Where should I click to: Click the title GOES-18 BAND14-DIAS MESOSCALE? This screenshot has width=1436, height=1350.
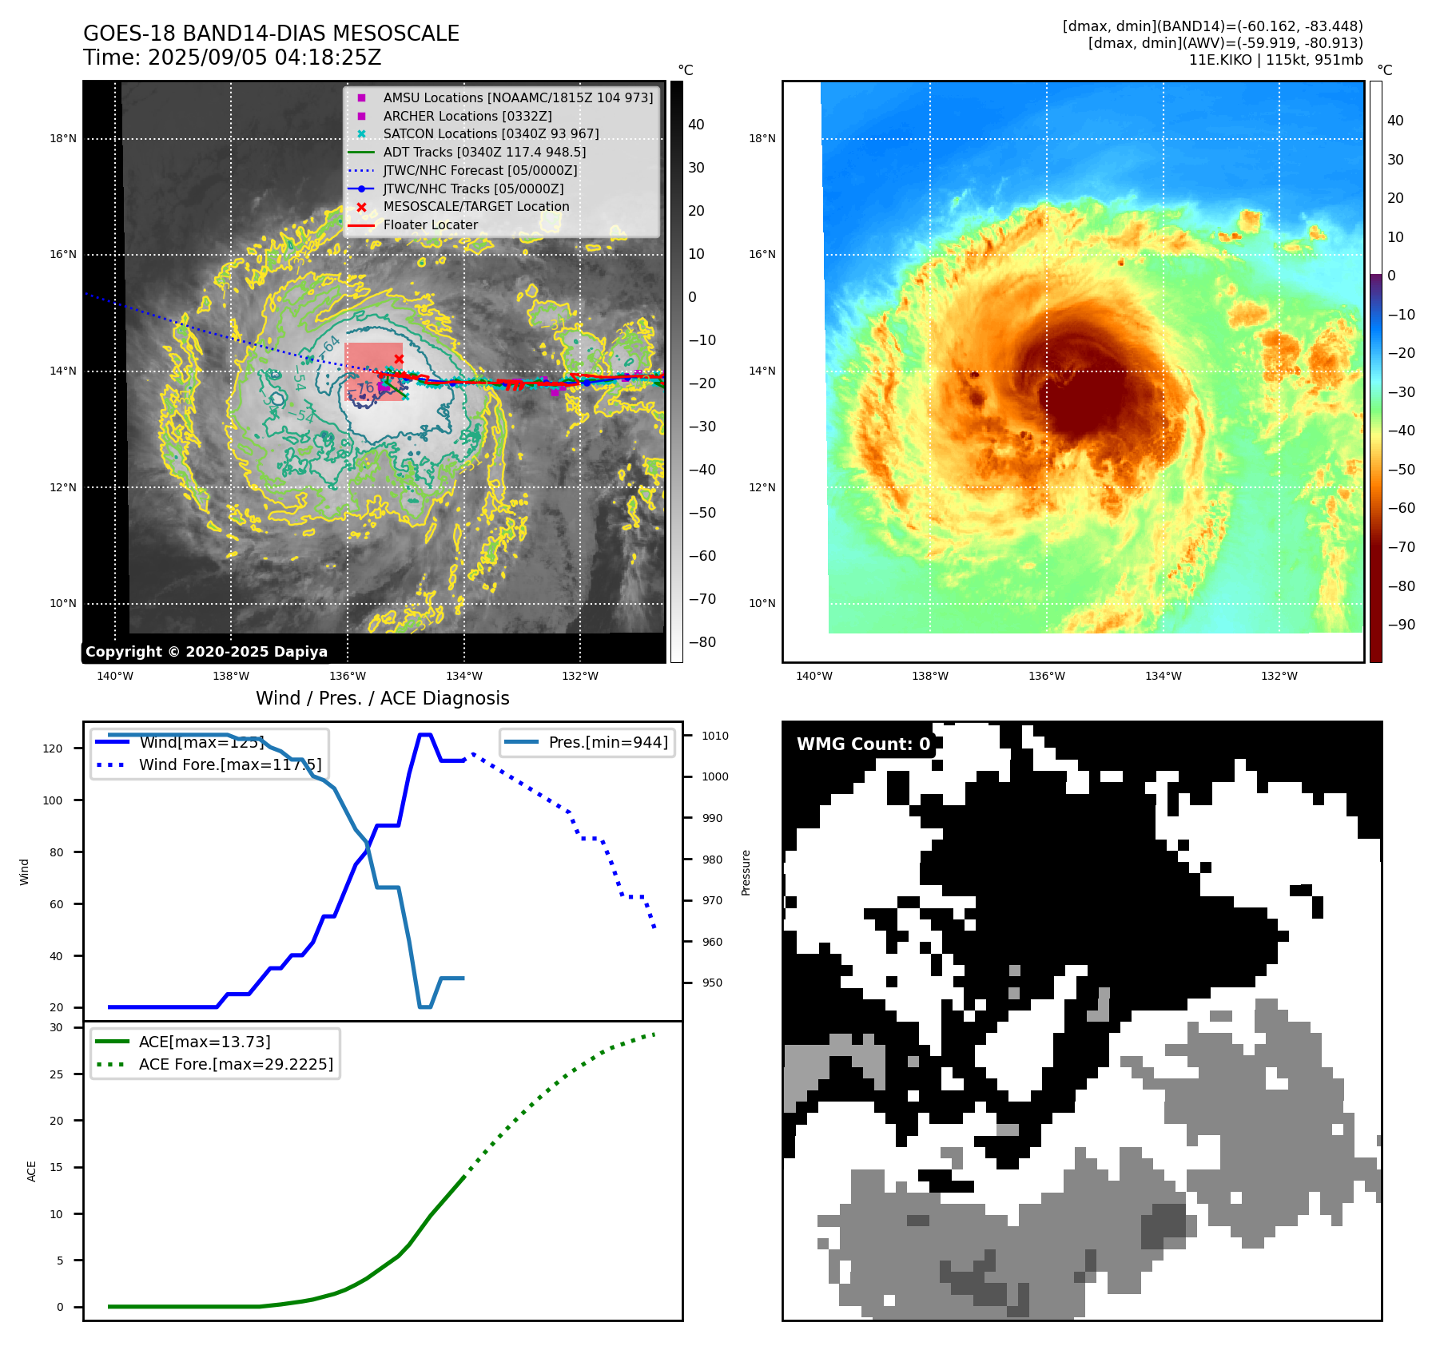[271, 34]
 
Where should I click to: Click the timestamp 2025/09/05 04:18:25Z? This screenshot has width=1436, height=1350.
[265, 58]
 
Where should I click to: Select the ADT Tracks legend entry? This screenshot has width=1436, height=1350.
[483, 152]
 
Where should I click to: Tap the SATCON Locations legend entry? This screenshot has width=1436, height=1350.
[490, 133]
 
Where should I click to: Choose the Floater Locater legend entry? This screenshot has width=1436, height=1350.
[430, 224]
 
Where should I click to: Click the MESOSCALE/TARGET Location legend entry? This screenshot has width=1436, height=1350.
[475, 206]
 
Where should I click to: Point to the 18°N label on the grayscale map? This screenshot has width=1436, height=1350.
[63, 138]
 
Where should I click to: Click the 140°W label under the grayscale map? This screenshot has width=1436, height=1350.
[115, 676]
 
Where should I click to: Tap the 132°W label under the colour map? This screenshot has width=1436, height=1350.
[1279, 676]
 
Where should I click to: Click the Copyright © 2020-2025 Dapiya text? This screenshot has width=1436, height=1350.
[206, 652]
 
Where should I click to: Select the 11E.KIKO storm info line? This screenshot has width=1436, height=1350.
[1275, 60]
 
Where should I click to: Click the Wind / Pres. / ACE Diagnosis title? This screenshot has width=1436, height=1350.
[382, 698]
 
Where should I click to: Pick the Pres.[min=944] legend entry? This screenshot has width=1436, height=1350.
[607, 742]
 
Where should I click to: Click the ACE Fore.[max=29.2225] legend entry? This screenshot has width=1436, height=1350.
[236, 1064]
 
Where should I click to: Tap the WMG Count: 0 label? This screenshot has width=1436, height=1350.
[863, 744]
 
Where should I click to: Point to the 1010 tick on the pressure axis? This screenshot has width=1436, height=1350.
[715, 736]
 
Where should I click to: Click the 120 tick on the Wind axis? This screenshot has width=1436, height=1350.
[53, 748]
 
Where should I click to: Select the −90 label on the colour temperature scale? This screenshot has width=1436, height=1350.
[1401, 625]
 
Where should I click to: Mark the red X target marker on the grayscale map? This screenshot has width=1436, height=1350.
[399, 359]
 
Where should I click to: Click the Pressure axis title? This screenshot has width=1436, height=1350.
[746, 872]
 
